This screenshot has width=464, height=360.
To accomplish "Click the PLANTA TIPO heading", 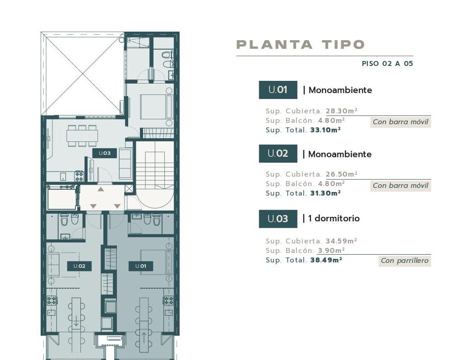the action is [300, 44].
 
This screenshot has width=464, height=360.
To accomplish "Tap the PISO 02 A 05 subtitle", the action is [387, 63].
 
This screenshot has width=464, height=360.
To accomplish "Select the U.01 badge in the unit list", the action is [278, 90].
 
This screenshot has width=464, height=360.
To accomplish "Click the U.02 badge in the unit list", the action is [278, 154].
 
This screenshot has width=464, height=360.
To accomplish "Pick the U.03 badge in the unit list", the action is [278, 219].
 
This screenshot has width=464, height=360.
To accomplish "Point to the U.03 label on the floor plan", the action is [104, 153].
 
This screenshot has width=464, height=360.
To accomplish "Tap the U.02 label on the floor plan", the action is [79, 266].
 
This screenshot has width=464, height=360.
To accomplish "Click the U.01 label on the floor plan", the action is [140, 266].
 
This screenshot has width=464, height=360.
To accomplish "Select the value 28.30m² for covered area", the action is [342, 111].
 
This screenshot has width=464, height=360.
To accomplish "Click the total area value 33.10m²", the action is [325, 130].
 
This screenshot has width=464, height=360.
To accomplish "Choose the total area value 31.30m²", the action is [325, 193].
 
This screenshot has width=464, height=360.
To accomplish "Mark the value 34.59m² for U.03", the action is [341, 241].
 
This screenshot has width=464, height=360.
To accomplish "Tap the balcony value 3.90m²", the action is [331, 250].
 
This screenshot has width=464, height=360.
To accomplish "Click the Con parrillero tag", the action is [404, 261].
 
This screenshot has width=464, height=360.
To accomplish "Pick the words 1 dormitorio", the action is [334, 219].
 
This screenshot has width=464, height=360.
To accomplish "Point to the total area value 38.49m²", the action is [326, 260].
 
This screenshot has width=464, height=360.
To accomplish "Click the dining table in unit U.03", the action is [82, 136].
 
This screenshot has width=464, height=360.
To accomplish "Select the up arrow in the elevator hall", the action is [101, 189].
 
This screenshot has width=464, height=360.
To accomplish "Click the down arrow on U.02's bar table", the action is [76, 321].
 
